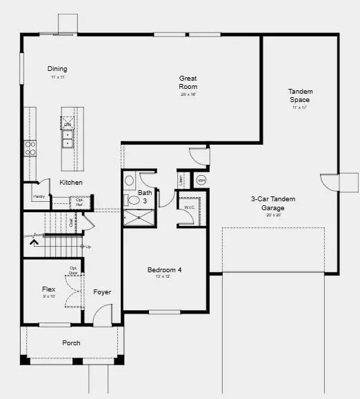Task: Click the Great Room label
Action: (188, 83)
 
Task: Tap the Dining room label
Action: (57, 69)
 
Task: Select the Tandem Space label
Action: (300, 96)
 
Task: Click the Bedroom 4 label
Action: (165, 270)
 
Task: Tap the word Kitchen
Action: (71, 183)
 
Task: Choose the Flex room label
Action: (48, 290)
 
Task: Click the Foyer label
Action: (102, 292)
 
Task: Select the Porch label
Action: (71, 342)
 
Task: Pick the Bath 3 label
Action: (145, 197)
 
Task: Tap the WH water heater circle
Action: (201, 181)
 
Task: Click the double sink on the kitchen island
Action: (68, 144)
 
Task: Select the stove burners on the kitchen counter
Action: (30, 147)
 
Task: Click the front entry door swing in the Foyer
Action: (101, 316)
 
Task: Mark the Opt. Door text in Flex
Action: (73, 269)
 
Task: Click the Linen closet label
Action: (182, 180)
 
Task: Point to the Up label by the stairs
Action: (88, 247)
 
